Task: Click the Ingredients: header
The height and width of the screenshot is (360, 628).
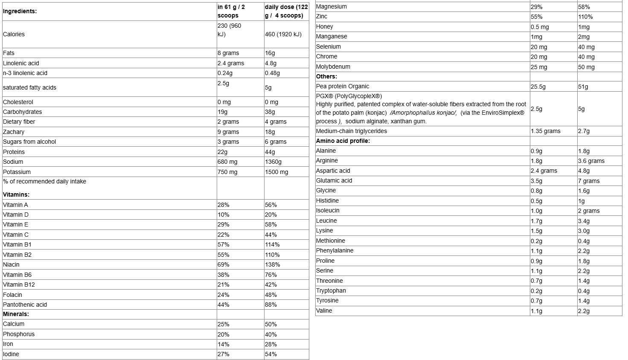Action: [20, 12]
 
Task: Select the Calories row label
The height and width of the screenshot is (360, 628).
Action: [14, 34]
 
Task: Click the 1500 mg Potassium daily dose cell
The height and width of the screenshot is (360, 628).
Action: [276, 172]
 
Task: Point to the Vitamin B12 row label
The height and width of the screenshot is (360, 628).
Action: [19, 285]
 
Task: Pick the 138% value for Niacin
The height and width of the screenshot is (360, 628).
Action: [272, 264]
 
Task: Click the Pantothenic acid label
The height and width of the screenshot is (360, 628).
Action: [25, 305]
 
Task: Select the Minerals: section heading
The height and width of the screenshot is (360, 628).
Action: [16, 314]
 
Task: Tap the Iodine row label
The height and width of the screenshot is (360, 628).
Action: [11, 354]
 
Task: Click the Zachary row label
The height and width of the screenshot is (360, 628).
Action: [14, 132]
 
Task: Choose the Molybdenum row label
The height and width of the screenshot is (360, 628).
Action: [333, 67]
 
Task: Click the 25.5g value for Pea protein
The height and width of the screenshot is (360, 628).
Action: [538, 87]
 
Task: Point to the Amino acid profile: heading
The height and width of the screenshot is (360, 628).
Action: [343, 141]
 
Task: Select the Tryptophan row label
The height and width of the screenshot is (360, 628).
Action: [331, 290]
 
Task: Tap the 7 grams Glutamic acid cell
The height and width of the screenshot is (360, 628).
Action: [589, 181]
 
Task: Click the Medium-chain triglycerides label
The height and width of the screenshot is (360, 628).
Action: [352, 131]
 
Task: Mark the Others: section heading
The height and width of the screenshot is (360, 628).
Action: [326, 76]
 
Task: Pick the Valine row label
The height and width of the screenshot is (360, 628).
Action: [324, 311]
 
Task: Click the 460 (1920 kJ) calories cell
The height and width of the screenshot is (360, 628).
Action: [283, 34]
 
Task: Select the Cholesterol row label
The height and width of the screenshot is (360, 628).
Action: [18, 102]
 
